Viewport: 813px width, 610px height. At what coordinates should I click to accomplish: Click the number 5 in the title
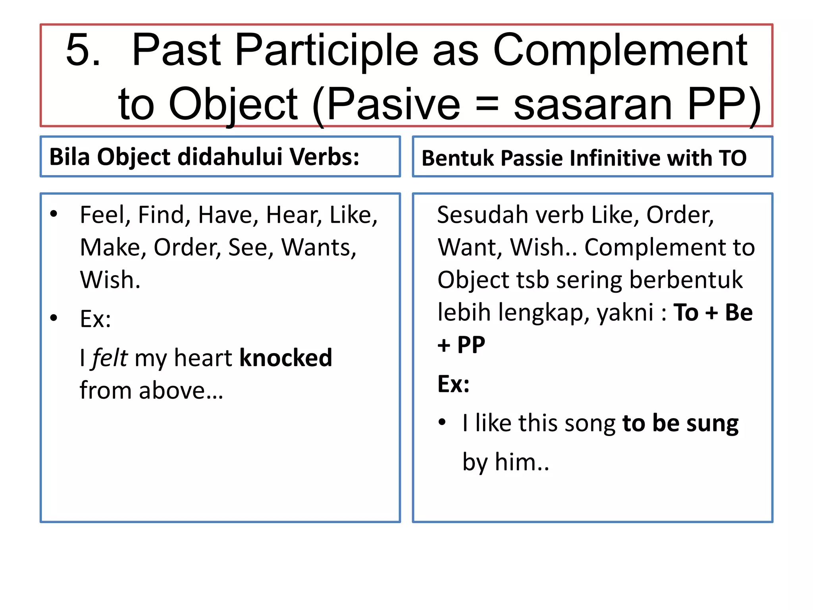click(83, 50)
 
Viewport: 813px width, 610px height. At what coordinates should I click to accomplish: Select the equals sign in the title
click(487, 104)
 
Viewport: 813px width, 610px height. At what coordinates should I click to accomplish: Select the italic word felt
click(110, 358)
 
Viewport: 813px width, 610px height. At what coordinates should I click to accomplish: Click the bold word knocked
click(285, 358)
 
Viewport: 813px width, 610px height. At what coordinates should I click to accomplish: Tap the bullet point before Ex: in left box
click(54, 318)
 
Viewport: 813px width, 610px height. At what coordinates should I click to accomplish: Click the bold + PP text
click(461, 345)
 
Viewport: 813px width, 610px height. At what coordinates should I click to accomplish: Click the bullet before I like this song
click(442, 422)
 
